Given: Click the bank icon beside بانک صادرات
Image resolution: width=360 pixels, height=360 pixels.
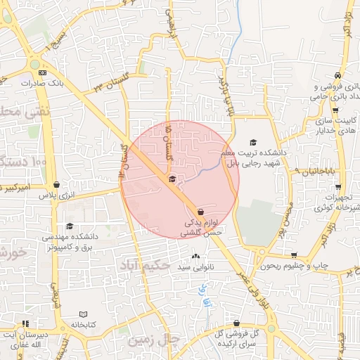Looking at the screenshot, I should pos(43,72).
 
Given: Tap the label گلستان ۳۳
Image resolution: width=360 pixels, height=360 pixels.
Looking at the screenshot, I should pos(108,87).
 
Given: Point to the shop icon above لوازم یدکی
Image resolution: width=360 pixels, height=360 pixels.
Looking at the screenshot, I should pos(201,211).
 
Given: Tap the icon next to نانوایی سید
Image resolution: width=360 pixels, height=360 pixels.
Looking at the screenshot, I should pos(195,256).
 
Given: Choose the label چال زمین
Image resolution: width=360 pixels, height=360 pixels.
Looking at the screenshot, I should pos(154,340).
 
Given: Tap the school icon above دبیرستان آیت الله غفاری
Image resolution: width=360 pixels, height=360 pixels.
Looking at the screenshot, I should pos(26,324).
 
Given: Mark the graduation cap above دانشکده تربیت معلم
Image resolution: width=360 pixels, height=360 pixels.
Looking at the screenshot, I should pos(253,142).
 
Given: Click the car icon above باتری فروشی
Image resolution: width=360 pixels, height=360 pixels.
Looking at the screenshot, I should pos(338,75).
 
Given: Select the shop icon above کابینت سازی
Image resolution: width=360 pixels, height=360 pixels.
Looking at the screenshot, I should pos(335,110).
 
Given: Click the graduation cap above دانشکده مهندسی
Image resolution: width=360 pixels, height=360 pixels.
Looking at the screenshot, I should pos(69,226).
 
